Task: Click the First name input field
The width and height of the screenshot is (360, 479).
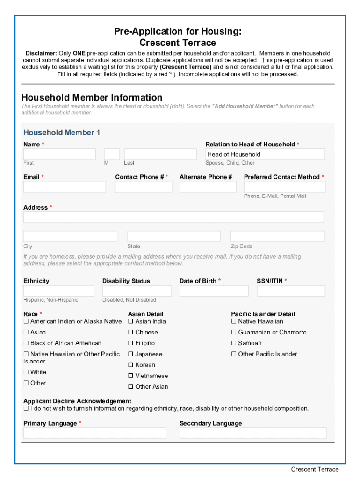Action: coord(59,154)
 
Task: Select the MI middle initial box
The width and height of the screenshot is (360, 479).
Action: coord(112,154)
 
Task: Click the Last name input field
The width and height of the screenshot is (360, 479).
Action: coord(160,154)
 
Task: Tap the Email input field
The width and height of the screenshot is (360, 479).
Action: coord(65,187)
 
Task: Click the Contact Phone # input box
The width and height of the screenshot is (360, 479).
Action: coord(144,187)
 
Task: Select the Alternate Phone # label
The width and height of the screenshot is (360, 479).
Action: coord(206,177)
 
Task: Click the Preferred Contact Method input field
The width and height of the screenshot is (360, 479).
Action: coord(284,187)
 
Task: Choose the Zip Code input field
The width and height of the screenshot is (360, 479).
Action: coord(278,236)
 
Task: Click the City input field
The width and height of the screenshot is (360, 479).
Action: coord(70,236)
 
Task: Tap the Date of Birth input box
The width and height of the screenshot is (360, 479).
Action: coord(214,290)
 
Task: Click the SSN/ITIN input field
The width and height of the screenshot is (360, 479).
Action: coord(291,290)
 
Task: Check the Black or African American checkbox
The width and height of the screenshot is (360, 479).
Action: coord(26,343)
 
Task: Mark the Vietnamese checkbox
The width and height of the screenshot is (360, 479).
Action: coord(131,376)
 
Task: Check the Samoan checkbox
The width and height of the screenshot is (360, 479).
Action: coord(234,343)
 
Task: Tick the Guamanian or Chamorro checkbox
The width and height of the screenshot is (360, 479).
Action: coord(234,333)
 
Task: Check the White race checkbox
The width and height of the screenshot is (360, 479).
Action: coord(26,372)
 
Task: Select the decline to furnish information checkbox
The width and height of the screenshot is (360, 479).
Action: coord(26,409)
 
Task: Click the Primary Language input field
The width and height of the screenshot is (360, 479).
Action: coord(94,433)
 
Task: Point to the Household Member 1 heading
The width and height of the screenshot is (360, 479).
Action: coord(62,132)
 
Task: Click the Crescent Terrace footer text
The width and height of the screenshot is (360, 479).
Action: coord(315,469)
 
